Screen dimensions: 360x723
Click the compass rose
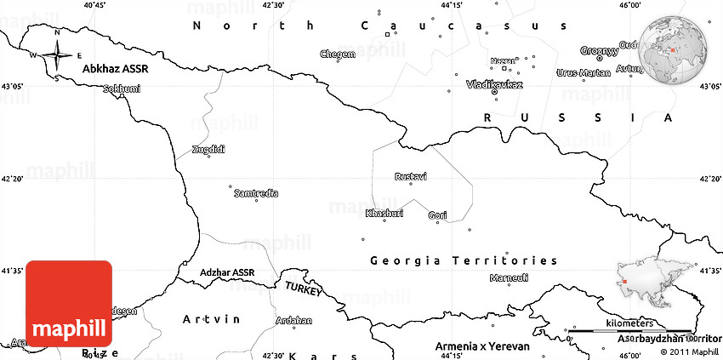pos(56,56)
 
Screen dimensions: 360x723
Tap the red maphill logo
pos(69,303)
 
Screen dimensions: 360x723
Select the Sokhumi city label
pos(120,88)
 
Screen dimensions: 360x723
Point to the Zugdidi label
pos(208,149)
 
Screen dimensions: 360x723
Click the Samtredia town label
pos(255,193)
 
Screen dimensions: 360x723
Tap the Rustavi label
pos(411,176)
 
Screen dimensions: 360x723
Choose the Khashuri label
pos(384,212)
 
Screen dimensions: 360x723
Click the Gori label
pos(437,215)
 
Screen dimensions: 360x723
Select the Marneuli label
pos(510,277)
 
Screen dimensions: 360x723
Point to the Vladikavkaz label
pos(494,85)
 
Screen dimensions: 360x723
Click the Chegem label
pos(338,54)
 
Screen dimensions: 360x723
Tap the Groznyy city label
pos(599,51)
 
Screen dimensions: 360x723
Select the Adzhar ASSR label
pos(227,272)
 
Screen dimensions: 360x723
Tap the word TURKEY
pos(304,288)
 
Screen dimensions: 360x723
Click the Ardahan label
pos(293,321)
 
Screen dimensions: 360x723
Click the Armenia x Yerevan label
pos(481,347)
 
